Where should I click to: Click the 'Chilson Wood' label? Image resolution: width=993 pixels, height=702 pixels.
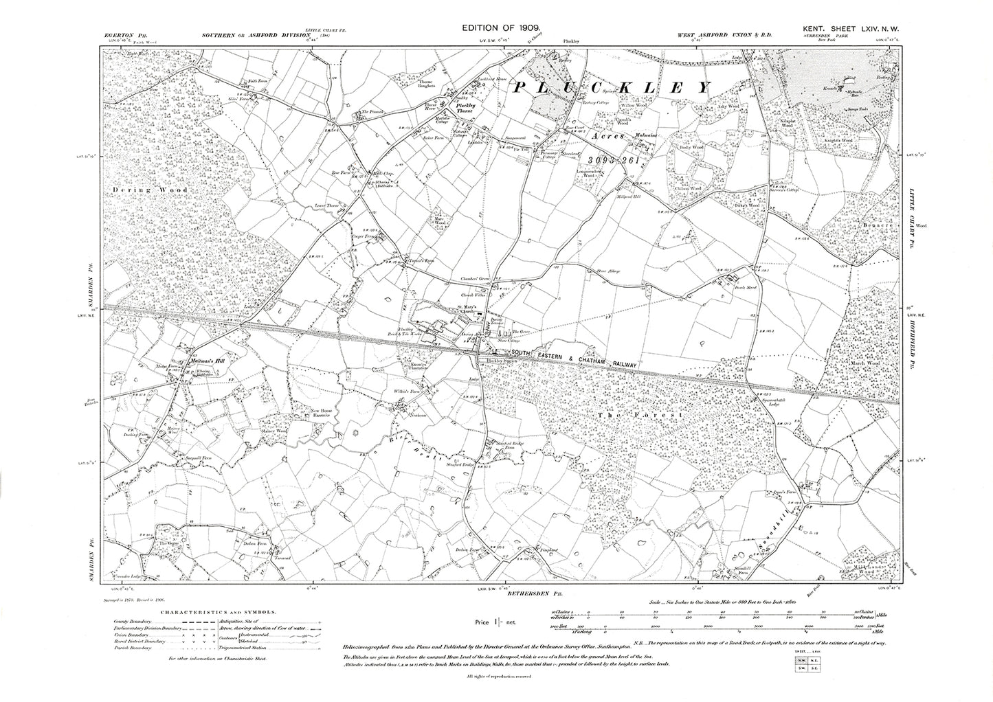pos(688,188)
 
